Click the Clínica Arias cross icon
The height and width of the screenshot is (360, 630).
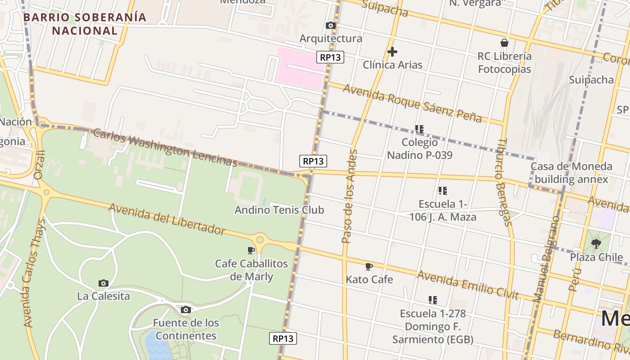click(392, 52)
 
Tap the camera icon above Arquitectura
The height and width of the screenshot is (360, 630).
click(331, 26)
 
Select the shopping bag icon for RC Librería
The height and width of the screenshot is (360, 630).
click(504, 43)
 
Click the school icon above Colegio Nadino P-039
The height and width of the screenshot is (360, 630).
click(419, 129)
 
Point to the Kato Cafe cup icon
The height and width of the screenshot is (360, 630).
click(369, 266)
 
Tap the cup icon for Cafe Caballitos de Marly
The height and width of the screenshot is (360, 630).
click(251, 250)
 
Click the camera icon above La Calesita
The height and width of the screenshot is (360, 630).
click(103, 283)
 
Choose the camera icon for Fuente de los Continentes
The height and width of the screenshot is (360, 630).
click(185, 310)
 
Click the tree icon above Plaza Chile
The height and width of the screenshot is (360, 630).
click(596, 244)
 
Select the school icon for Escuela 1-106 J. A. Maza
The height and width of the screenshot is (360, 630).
click(443, 191)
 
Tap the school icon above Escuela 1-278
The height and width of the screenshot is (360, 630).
click(433, 300)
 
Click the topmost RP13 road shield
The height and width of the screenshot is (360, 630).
click(330, 57)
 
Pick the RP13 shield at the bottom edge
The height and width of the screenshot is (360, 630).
click(283, 338)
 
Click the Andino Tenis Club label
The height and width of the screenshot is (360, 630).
click(279, 210)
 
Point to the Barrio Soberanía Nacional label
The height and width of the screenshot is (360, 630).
click(85, 24)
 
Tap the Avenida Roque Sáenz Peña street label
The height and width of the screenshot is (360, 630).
click(412, 103)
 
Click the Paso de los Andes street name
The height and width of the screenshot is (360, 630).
click(349, 196)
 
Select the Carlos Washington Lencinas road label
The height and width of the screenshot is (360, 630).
click(165, 147)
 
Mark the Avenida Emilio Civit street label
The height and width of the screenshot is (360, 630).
click(468, 285)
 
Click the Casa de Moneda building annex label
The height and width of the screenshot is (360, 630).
click(571, 173)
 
